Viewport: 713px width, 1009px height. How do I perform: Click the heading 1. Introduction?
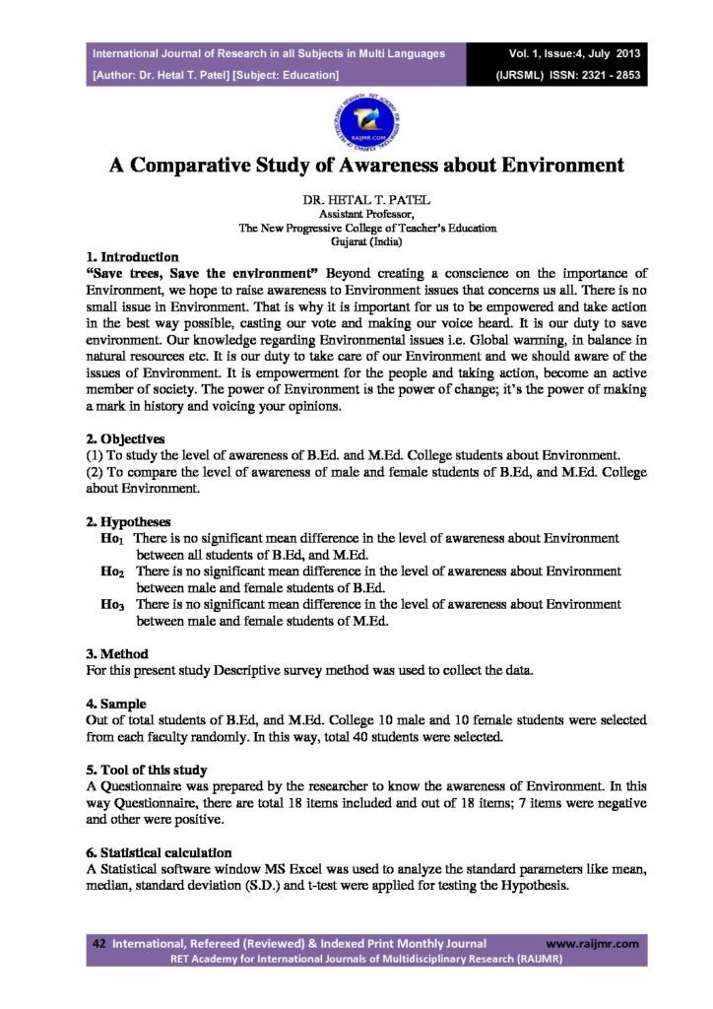(132, 256)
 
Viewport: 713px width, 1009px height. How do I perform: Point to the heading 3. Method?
(118, 653)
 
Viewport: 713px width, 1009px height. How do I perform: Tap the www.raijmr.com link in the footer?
(592, 943)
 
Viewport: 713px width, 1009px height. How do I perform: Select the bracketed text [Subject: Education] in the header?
(287, 74)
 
